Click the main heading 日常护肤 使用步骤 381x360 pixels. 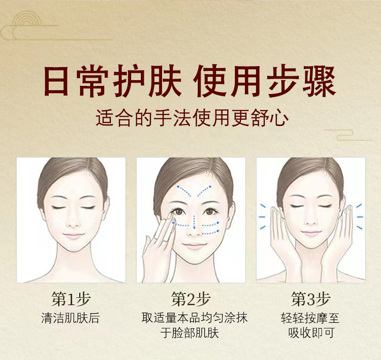pyautogui.click(x=190, y=83)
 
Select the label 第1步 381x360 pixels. pyautogui.click(x=71, y=299)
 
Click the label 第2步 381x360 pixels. pyautogui.click(x=190, y=299)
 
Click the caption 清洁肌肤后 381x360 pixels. pyautogui.click(x=71, y=318)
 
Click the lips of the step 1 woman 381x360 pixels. pyautogui.click(x=73, y=236)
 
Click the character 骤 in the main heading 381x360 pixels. pyautogui.click(x=319, y=83)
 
